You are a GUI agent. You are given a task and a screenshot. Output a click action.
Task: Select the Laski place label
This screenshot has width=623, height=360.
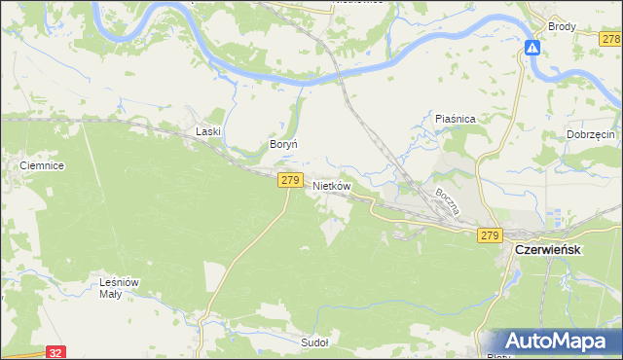click(x=208, y=131)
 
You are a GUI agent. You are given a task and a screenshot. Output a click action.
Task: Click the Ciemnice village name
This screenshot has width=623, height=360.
click(x=42, y=166)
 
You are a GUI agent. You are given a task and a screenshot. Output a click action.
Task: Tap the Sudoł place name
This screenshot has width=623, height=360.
click(x=314, y=342)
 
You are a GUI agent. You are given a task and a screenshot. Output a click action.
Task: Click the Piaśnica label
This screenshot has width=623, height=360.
click(x=454, y=119)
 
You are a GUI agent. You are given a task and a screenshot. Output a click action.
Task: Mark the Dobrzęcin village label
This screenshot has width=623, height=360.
click(x=590, y=134)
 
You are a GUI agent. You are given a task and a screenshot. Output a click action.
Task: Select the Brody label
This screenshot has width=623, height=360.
click(x=562, y=27)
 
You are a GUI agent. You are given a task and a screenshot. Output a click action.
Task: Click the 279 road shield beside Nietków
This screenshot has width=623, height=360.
click(x=289, y=180)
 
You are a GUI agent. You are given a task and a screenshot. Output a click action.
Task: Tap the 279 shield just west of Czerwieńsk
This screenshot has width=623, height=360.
click(x=489, y=235)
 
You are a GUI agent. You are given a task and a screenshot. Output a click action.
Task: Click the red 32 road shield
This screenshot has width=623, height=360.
click(x=56, y=353)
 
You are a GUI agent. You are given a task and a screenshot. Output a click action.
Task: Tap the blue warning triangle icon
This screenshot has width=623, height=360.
click(x=532, y=47)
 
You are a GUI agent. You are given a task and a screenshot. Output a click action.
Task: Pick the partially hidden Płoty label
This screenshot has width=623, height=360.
click(x=496, y=356)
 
